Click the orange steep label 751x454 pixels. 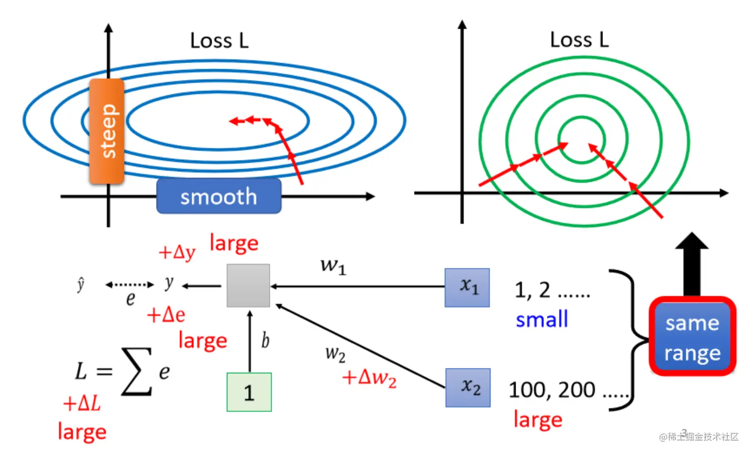107,131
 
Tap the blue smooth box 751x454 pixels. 219,197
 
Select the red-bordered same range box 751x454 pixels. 692,337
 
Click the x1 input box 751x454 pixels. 467,287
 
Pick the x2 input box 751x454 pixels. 467,387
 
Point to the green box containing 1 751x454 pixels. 249,392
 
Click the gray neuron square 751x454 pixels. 248,285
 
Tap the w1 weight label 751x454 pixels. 333,266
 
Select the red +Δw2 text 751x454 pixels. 369,378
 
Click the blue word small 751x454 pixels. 541,319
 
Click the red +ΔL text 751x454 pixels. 82,403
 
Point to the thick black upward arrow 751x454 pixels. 691,264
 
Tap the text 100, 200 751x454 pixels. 552,390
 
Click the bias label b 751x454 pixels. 265,341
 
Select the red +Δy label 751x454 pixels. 177,253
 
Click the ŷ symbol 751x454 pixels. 81,284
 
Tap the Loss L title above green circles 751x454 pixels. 579,40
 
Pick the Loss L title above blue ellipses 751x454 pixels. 219,41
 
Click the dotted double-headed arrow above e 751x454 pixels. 130,285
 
